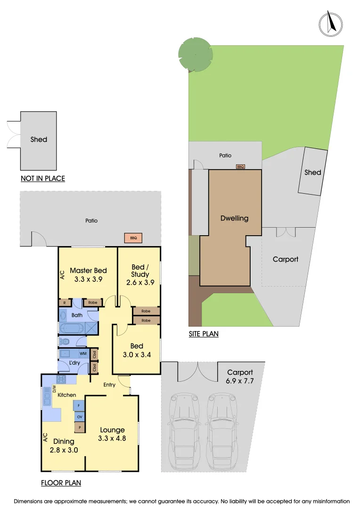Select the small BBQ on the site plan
pos(240,166)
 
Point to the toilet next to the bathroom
pos(65,341)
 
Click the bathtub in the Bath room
pos(71,328)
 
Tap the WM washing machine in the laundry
pos(83,353)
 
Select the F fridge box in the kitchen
pos(79,405)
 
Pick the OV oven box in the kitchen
pos(79,417)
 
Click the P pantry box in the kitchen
pos(79,428)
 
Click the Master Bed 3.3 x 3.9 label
pos(88,274)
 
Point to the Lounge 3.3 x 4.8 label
pos(112,434)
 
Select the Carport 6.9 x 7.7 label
pos(240,377)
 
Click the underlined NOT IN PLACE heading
pos(42,178)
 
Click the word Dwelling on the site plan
pos(234,218)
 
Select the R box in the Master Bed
pos(64,303)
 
